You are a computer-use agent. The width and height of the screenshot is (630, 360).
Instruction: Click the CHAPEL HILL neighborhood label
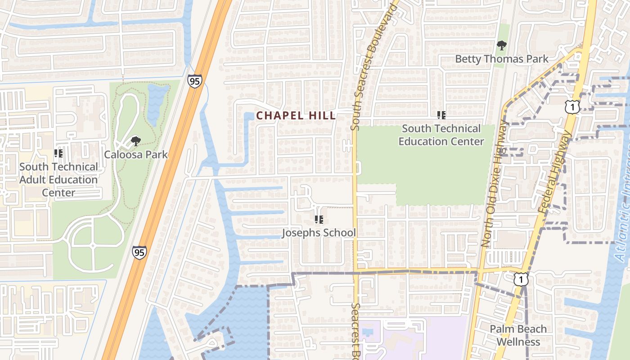tap(296, 116)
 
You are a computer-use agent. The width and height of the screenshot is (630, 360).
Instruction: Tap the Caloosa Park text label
tap(136, 155)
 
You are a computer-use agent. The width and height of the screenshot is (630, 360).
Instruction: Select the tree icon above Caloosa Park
tap(135, 141)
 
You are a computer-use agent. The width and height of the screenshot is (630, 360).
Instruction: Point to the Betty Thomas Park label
tap(502, 59)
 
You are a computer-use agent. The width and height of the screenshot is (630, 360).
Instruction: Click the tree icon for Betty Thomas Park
tap(501, 45)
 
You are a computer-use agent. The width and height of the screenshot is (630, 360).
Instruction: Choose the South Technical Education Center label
tap(441, 135)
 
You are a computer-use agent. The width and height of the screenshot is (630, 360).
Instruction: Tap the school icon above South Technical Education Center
tap(441, 115)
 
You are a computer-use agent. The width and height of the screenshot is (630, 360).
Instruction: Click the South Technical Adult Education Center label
tap(58, 180)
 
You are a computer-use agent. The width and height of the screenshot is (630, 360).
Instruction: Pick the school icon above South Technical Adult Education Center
tap(58, 153)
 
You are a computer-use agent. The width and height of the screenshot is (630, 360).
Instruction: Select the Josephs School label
tap(319, 233)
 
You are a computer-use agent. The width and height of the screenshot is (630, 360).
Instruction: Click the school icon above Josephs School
tap(319, 220)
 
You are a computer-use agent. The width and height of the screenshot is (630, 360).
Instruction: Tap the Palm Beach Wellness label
tap(518, 335)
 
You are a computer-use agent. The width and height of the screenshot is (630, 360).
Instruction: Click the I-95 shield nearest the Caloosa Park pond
tap(195, 81)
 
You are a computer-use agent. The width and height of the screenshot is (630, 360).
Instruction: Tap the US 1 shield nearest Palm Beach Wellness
tap(521, 279)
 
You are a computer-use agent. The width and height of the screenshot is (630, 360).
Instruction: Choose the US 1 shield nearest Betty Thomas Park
tap(572, 107)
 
